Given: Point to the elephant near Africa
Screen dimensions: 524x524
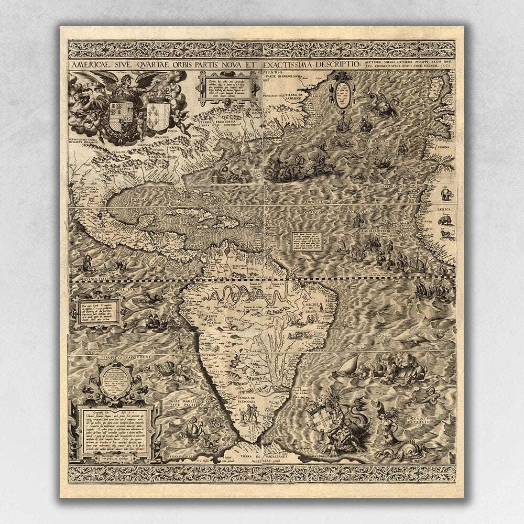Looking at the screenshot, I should click(446, 195).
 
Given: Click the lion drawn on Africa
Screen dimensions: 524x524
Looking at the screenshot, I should click(446, 234).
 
